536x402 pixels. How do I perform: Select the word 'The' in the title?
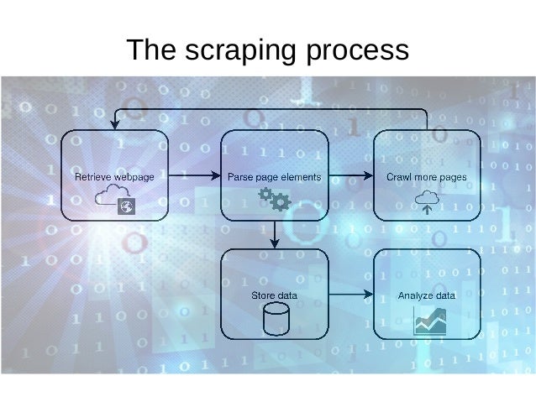click(151, 50)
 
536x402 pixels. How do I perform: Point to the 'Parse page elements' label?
click(274, 178)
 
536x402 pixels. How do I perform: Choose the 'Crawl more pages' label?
click(426, 178)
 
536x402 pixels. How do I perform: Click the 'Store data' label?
click(274, 295)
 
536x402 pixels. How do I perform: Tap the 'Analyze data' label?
click(426, 295)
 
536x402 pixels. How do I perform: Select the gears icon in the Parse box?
click(274, 199)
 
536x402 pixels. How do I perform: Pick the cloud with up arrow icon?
click(426, 201)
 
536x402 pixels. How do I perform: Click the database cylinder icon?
click(275, 320)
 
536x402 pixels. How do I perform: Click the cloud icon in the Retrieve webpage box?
click(110, 198)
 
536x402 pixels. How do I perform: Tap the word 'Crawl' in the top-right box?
click(398, 178)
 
